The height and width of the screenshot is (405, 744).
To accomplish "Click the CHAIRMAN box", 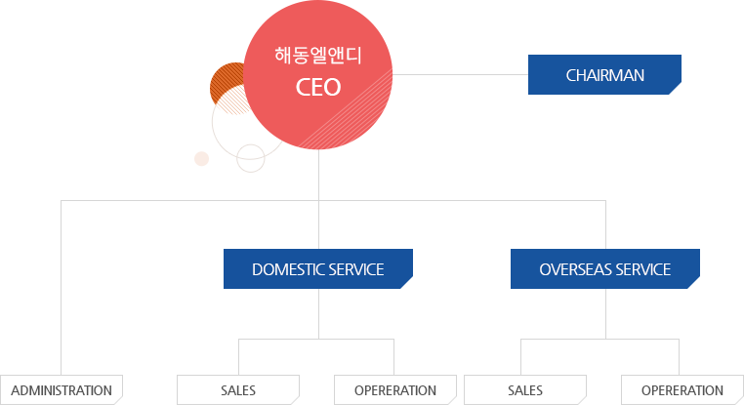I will tap(604, 75).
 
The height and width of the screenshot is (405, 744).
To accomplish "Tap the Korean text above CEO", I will tap(318, 55).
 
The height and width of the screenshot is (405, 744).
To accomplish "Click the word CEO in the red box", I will tap(318, 86).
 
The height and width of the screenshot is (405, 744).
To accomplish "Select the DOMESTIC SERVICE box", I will tap(318, 269).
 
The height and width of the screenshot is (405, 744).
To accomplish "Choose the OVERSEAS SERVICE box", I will tap(604, 269).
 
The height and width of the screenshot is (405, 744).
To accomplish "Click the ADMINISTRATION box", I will tap(62, 389).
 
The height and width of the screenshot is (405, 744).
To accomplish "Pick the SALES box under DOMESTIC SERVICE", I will tap(237, 389).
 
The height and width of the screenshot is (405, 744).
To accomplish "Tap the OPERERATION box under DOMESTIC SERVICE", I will tap(395, 389).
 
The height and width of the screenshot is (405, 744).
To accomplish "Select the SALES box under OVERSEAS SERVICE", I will tap(524, 389).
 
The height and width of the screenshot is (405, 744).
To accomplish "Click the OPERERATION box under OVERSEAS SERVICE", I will tap(682, 389).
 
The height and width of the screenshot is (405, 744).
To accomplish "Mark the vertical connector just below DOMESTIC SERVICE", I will tap(318, 312).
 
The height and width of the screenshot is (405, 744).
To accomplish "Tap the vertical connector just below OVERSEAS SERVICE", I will tap(604, 312).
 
